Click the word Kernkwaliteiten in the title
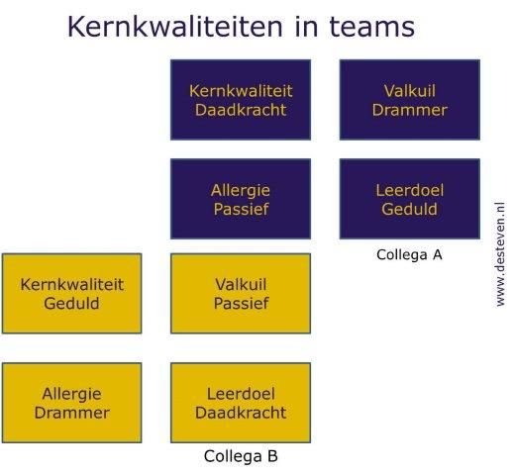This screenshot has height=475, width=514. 175,27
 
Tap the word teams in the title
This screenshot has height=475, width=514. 372,27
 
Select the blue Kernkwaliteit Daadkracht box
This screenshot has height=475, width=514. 241,100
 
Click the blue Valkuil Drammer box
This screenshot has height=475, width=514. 410,100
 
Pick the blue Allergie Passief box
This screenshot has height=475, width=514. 241,199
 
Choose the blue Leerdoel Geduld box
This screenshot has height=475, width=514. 410,199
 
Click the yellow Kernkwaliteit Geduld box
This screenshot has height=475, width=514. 71,294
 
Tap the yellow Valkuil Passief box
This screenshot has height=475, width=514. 241,294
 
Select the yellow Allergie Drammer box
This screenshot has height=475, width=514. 71,403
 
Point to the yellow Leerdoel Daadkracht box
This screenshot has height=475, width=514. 241,403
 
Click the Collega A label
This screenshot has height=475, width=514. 409,254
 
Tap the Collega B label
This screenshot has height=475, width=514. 241,456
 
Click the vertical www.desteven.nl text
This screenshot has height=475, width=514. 500,254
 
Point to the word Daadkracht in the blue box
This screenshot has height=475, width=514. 241,110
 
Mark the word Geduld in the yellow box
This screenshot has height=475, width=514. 71,304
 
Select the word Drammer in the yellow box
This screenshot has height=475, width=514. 72,413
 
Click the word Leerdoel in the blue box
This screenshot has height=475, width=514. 410,190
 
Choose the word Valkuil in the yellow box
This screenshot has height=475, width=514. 241,285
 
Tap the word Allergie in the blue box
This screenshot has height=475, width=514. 241,191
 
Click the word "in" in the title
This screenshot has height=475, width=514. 306,27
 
